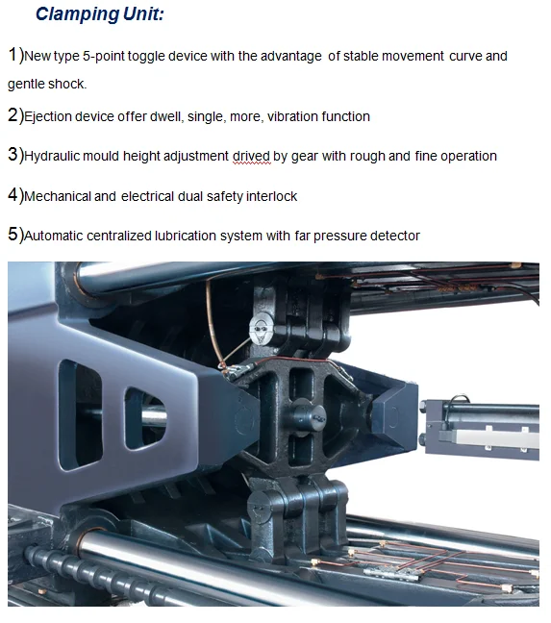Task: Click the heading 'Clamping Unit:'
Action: click(x=99, y=14)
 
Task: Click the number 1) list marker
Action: click(x=16, y=55)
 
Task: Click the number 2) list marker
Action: click(x=16, y=115)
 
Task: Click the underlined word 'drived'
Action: click(x=252, y=156)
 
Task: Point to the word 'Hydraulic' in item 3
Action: click(x=52, y=156)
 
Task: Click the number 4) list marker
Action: click(x=16, y=195)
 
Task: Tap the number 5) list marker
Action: click(x=16, y=234)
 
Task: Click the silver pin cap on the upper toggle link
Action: click(x=261, y=329)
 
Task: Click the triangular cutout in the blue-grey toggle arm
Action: click(x=144, y=418)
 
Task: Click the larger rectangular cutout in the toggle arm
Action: click(x=80, y=415)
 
